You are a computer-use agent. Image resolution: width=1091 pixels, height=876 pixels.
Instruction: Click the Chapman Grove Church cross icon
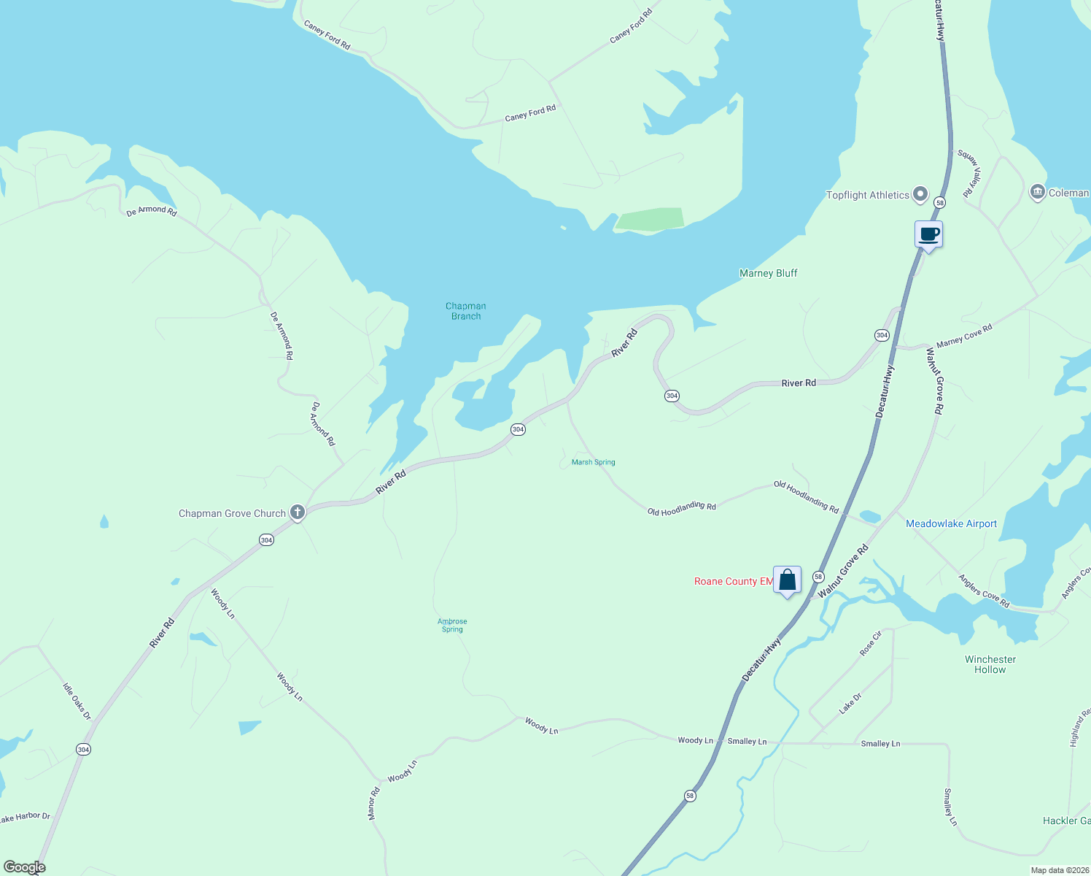(297, 512)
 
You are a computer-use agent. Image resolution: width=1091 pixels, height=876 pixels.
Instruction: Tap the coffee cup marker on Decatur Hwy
(928, 235)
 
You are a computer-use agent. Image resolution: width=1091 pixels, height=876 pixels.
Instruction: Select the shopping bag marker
(787, 580)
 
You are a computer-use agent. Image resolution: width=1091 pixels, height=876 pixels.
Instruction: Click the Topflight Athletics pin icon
(920, 194)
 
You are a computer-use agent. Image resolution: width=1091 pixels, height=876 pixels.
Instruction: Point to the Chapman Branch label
(466, 311)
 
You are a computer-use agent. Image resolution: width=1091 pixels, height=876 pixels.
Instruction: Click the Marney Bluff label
(768, 273)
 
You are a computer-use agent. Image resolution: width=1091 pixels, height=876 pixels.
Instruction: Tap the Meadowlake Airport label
(951, 523)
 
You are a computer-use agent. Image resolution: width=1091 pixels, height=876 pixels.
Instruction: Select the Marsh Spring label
(593, 462)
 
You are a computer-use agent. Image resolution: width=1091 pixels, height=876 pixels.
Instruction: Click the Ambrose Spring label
(452, 625)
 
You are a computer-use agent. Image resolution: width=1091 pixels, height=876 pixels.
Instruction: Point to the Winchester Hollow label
(990, 664)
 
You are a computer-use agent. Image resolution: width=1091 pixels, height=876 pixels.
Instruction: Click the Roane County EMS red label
(733, 581)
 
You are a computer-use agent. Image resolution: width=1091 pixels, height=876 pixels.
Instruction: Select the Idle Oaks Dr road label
(77, 702)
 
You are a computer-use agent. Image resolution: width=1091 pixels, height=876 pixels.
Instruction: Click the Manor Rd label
(374, 803)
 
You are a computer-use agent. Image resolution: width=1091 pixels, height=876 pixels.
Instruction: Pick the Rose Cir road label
(871, 643)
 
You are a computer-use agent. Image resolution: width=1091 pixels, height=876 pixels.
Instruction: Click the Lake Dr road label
(850, 703)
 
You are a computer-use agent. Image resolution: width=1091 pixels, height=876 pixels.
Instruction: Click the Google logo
(25, 867)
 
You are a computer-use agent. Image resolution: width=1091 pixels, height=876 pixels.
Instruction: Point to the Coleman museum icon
(1037, 192)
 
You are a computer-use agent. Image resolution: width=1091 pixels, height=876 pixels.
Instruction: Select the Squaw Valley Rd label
(970, 174)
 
